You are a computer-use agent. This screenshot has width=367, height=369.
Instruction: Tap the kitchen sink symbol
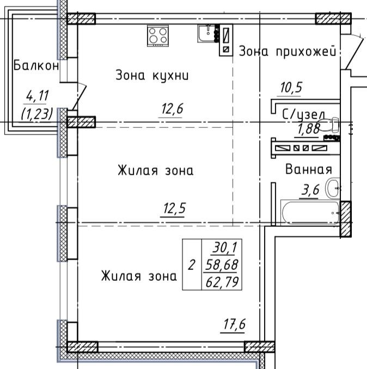click(x=206, y=34)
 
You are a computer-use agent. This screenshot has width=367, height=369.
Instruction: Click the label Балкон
click(x=36, y=66)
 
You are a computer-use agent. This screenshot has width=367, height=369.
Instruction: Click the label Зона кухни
click(x=152, y=75)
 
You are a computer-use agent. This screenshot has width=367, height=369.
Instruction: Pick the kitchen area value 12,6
click(x=172, y=109)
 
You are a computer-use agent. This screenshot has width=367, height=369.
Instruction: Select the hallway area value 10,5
click(x=291, y=87)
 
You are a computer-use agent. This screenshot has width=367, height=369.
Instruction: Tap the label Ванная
click(x=309, y=169)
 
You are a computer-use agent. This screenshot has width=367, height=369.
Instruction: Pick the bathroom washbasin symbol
click(x=333, y=189)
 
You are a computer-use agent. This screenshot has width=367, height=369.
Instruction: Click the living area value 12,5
click(x=172, y=209)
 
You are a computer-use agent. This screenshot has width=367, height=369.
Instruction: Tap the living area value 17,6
click(x=234, y=324)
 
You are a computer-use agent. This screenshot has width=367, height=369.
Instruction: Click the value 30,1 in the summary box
click(x=223, y=248)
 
